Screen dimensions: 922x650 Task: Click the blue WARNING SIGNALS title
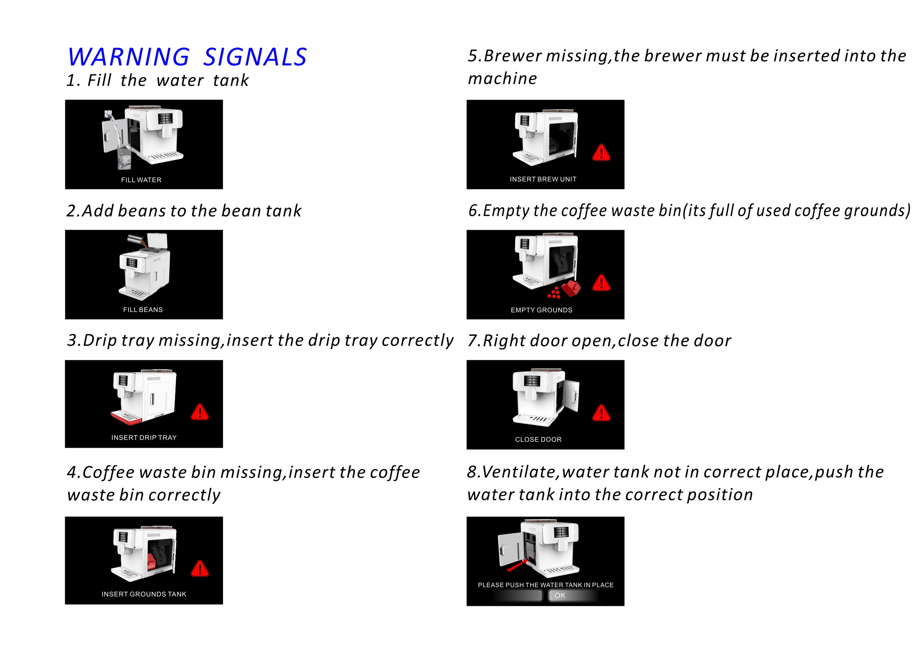187,57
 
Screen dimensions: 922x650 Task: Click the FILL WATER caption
141,180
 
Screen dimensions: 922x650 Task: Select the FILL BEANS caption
143,310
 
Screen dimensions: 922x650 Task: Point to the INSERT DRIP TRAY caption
144,437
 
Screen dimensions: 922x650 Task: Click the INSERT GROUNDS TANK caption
144,594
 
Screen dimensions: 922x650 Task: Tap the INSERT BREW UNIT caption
543,179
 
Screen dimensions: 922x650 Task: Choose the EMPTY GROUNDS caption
541,310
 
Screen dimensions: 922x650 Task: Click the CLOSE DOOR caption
538,440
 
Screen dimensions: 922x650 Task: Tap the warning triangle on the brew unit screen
601,153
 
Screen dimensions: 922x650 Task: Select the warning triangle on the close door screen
601,414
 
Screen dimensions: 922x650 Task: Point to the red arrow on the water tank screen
517,565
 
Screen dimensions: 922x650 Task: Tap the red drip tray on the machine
126,419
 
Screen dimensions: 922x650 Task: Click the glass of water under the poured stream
124,158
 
